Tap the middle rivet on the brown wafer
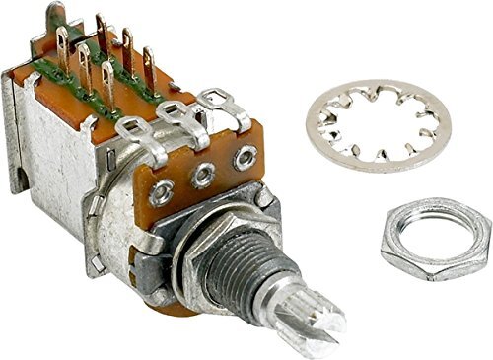[x=203, y=175]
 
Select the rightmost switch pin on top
[x=149, y=62]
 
